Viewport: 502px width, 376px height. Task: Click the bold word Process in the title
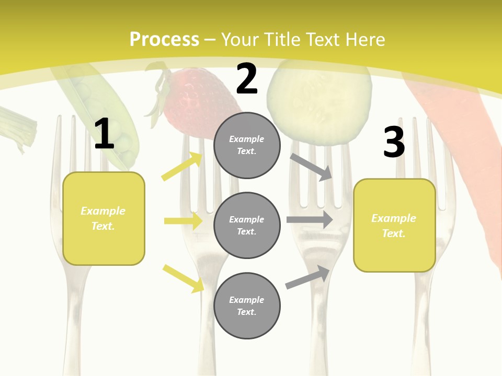164,40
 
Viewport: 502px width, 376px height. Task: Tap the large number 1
104,134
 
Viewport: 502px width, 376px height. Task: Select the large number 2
247,79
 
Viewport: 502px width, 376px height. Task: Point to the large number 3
394,143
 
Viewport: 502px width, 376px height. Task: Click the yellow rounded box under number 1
104,218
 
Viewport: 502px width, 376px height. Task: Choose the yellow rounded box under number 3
394,225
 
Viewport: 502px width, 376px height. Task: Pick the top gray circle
247,145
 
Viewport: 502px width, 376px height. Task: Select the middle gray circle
247,225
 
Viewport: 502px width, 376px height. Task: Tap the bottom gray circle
247,305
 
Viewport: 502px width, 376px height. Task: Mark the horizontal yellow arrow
183,221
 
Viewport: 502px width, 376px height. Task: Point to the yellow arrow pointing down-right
184,278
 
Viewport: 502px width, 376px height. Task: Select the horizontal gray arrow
310,219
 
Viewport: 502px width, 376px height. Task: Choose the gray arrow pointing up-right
308,277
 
